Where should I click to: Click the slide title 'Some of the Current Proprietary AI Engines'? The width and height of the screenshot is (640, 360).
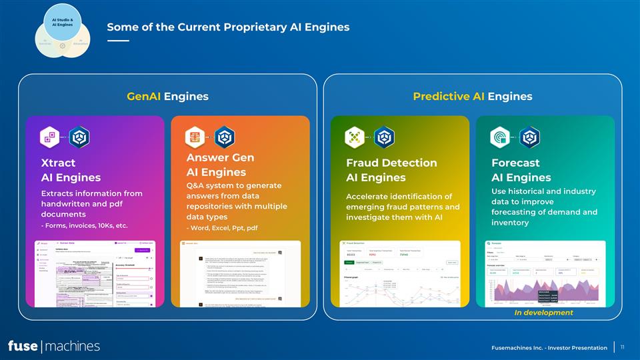228,27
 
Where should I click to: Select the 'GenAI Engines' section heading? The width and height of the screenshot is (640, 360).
167,97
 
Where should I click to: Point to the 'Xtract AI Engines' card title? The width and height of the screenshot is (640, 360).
71,170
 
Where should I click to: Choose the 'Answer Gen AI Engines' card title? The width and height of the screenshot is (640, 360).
221,165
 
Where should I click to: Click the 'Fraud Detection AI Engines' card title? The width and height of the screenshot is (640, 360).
391,170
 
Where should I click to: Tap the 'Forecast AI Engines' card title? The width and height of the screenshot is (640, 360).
521,170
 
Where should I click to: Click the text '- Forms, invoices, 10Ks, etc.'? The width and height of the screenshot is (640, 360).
84,225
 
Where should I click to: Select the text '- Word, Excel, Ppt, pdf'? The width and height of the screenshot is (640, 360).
222,229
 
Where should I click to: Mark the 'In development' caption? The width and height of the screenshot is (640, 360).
543,313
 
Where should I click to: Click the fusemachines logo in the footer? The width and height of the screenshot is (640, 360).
54,346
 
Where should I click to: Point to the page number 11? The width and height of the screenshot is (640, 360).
622,347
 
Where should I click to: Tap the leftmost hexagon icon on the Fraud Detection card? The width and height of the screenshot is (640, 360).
354,137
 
